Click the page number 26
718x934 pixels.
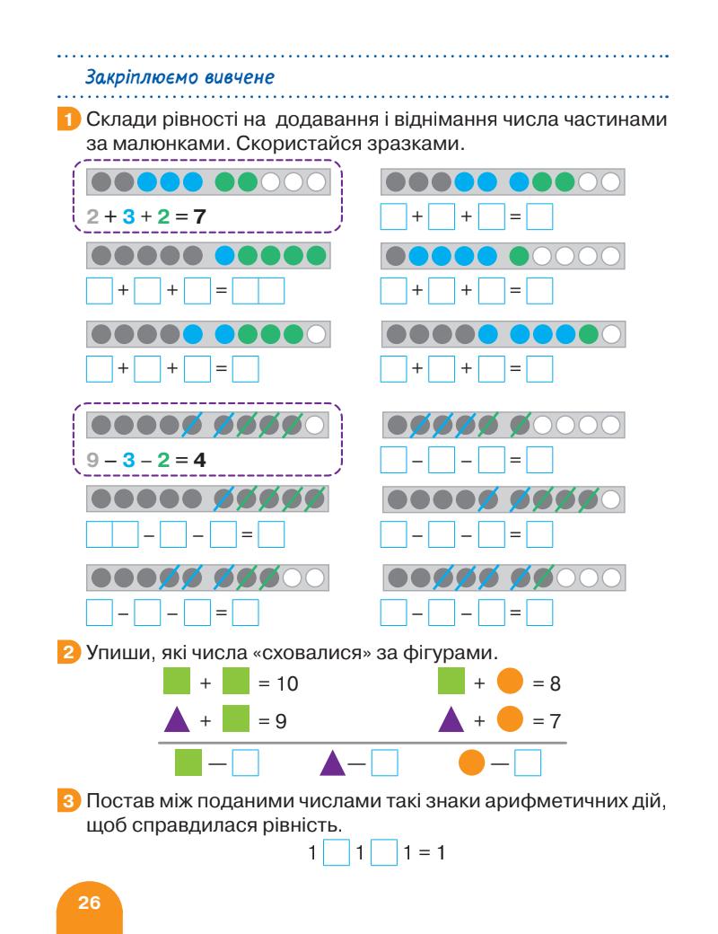point(90,904)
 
